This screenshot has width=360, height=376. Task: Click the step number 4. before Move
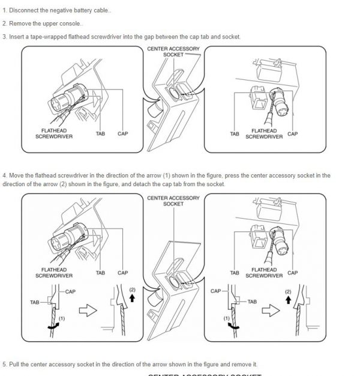click(5, 175)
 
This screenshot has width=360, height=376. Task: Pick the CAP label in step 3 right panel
click(292, 133)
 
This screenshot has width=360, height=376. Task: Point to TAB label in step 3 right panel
click(235, 133)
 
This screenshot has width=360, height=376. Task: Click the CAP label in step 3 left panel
click(122, 133)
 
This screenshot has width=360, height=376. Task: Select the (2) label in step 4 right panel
click(287, 291)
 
